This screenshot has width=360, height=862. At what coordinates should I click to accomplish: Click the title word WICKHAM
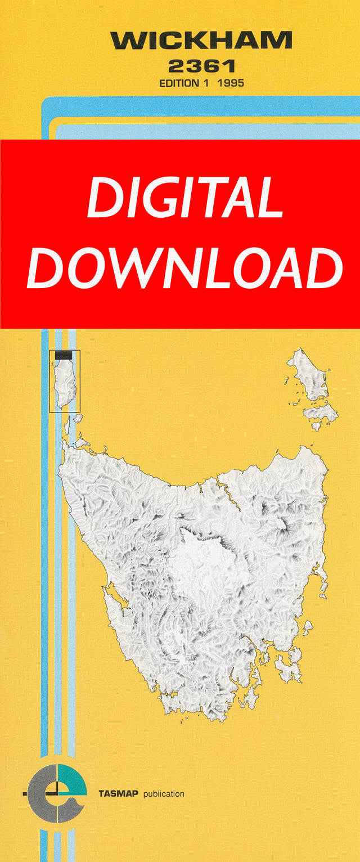point(201,41)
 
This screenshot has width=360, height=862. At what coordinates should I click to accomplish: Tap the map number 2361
point(201,66)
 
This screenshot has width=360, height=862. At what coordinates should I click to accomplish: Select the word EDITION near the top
point(179,83)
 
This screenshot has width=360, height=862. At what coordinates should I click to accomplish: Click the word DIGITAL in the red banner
point(185,198)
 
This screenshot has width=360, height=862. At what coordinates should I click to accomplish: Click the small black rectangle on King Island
point(64,355)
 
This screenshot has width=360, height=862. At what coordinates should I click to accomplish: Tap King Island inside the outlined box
point(66,380)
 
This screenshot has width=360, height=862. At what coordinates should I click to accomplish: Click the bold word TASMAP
point(119,794)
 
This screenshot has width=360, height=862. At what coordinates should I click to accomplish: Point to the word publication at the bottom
point(164,794)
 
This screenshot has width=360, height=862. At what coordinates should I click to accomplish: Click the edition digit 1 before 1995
point(206,83)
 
